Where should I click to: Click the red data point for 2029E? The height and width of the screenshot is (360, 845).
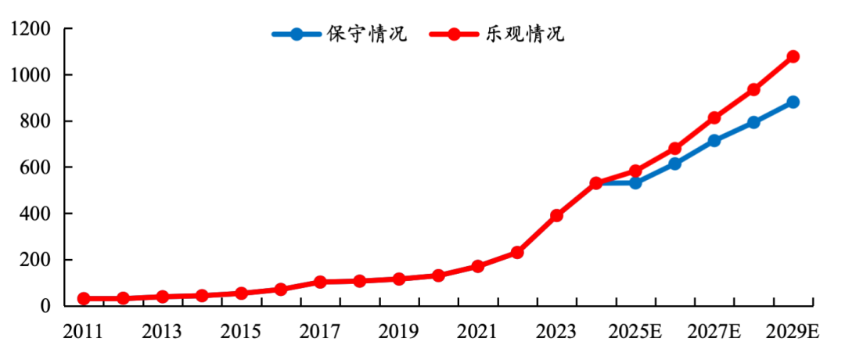pos(793,56)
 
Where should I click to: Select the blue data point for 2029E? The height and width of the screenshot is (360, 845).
pos(793,102)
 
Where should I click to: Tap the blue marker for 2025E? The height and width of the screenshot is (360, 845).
pos(635,182)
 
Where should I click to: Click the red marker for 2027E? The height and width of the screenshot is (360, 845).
pos(714,117)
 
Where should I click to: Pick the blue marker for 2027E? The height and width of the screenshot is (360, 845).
pos(714,141)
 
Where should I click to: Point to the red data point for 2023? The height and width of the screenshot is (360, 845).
pos(557,215)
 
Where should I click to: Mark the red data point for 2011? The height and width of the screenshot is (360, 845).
pos(84,298)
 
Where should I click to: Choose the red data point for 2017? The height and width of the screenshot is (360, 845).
pos(320,282)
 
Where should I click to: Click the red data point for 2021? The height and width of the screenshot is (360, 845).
pos(477,266)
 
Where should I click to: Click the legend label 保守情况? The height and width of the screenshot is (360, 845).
pos(366,34)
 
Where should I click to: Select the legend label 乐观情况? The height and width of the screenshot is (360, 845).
pos(523,34)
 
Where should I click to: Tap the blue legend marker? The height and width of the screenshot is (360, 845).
pos(296,34)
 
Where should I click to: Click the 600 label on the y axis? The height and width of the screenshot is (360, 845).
pos(39,167)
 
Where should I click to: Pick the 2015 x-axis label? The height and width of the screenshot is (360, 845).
pos(241,332)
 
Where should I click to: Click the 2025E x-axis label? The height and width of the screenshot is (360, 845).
pos(635,332)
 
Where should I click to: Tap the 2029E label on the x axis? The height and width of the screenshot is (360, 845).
pos(793,332)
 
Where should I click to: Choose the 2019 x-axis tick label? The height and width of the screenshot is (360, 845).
pos(399,332)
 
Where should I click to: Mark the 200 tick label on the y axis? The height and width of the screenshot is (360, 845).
pos(39,260)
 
